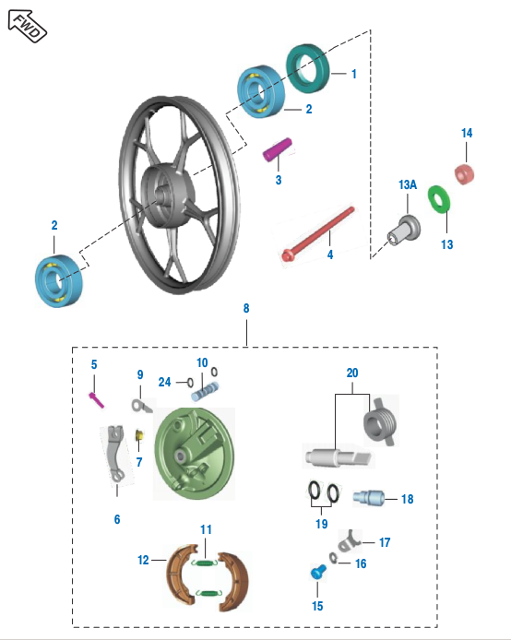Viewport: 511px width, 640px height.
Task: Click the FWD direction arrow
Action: click(x=28, y=26)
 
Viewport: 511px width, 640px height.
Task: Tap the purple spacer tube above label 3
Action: click(x=278, y=149)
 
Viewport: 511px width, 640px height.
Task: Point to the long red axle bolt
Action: click(x=318, y=234)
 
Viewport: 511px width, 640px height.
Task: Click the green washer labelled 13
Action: click(x=439, y=199)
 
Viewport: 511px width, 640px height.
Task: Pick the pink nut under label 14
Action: click(x=465, y=173)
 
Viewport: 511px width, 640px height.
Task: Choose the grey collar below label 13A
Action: click(x=404, y=231)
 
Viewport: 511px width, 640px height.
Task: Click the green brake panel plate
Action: click(x=195, y=454)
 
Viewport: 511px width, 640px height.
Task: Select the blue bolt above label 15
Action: click(x=318, y=572)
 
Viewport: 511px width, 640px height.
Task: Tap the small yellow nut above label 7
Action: click(x=139, y=434)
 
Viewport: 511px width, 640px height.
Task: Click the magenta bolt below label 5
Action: click(x=96, y=399)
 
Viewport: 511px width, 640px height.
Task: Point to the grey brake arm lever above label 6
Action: click(x=114, y=454)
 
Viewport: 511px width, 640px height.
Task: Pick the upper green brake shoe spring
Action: click(x=205, y=563)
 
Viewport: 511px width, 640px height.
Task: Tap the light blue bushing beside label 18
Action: click(x=368, y=498)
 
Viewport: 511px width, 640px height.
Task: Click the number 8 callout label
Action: click(x=246, y=308)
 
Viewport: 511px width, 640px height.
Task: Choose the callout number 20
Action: click(x=352, y=373)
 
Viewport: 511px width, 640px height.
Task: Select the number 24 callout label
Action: click(x=164, y=382)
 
